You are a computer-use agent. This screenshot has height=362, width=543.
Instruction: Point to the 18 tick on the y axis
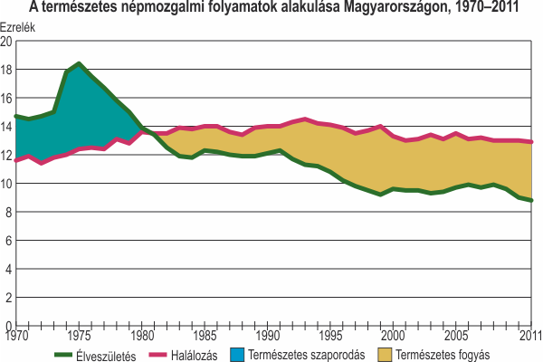[x=7, y=70]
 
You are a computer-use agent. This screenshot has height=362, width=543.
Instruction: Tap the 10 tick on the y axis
[x=7, y=184]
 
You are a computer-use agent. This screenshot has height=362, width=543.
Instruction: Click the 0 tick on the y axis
[x=9, y=326]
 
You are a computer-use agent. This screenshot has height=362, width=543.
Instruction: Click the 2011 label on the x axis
[x=529, y=338]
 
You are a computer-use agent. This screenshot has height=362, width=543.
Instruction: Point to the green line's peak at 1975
[x=80, y=64]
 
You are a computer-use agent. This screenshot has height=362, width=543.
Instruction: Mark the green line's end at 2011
[x=532, y=200]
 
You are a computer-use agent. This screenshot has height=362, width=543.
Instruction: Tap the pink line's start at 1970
[x=14, y=160]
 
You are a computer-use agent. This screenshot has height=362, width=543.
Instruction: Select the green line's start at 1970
[x=14, y=116]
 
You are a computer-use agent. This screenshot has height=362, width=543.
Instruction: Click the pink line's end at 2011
[x=532, y=142]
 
